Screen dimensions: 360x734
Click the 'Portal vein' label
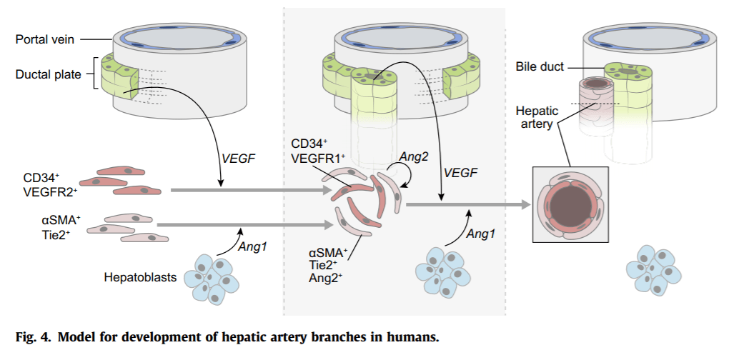(x=44, y=39)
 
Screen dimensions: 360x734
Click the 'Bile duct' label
(x=540, y=67)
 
